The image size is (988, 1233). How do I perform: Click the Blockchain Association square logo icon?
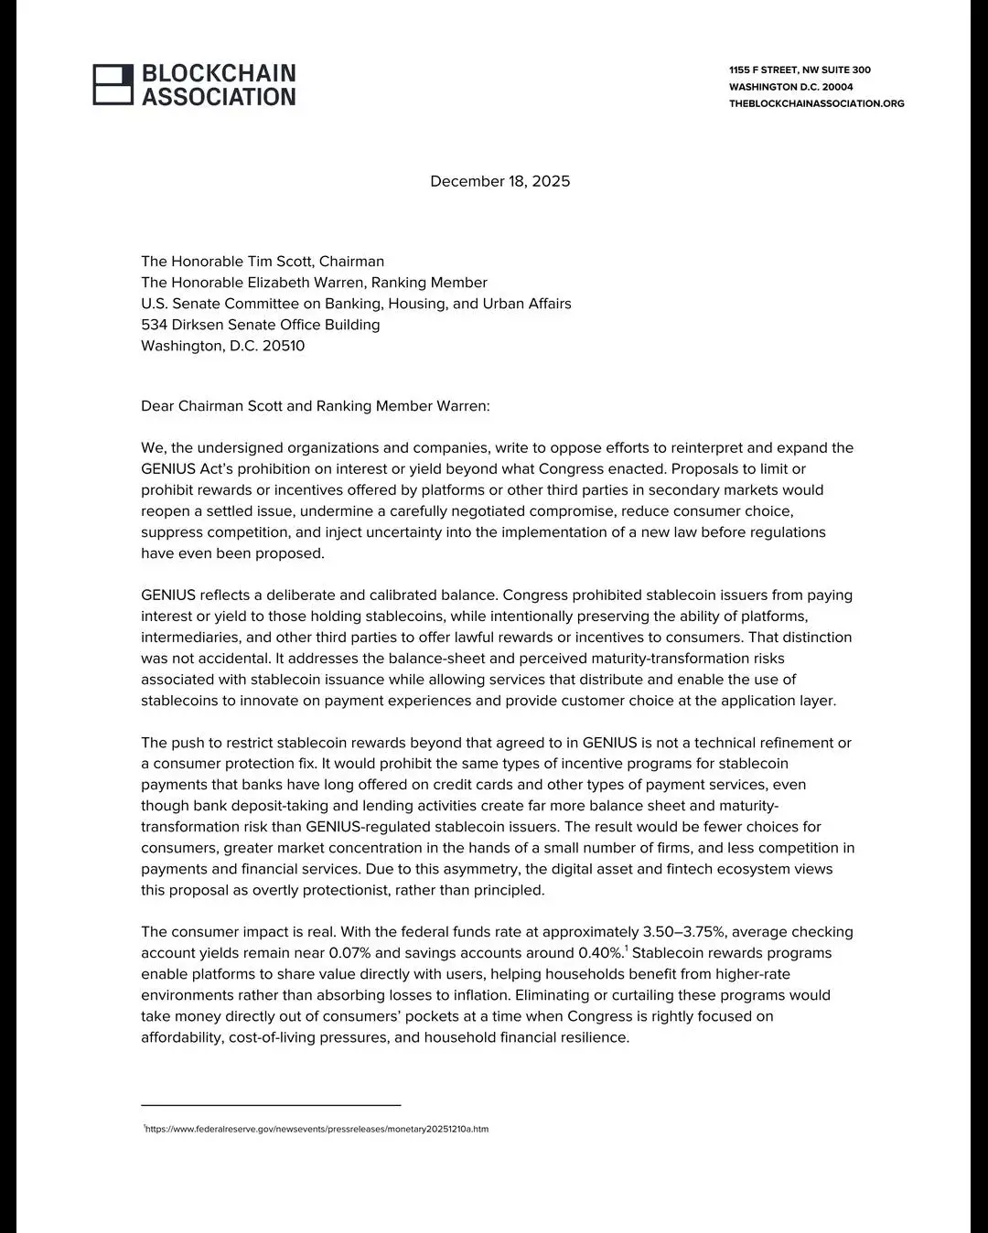113,85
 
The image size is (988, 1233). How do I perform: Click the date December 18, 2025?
499,181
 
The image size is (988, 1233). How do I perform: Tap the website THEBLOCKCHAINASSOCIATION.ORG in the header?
816,103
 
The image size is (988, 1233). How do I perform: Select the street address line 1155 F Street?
800,70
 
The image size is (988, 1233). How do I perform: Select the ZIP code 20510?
284,346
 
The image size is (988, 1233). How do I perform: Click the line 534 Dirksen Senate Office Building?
260,325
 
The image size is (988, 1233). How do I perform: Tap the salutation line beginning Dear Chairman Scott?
315,406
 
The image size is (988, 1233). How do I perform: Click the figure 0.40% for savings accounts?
599,953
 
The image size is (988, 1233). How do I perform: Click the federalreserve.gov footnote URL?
317,1129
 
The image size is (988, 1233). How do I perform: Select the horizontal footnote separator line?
271,1105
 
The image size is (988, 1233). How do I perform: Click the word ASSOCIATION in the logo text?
219,97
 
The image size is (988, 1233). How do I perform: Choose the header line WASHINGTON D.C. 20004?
790,87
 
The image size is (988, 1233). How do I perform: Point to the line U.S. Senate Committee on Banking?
356,304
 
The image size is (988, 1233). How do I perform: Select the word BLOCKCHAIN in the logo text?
219,73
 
